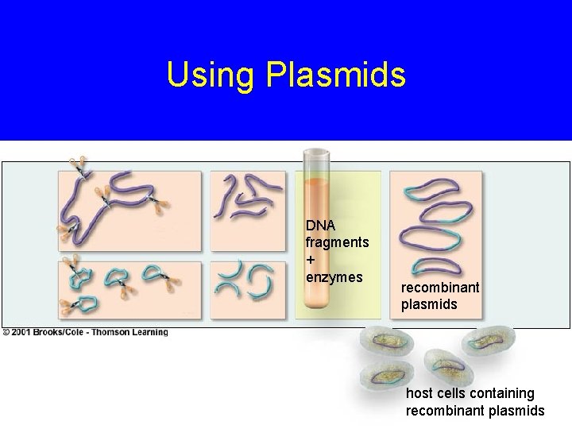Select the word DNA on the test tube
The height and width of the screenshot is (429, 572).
coord(319,226)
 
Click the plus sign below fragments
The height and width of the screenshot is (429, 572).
coord(311,260)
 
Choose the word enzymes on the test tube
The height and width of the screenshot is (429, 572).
coord(334,276)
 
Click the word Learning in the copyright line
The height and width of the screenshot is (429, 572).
coord(153,332)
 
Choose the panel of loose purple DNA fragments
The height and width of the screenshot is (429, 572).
coord(246,203)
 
